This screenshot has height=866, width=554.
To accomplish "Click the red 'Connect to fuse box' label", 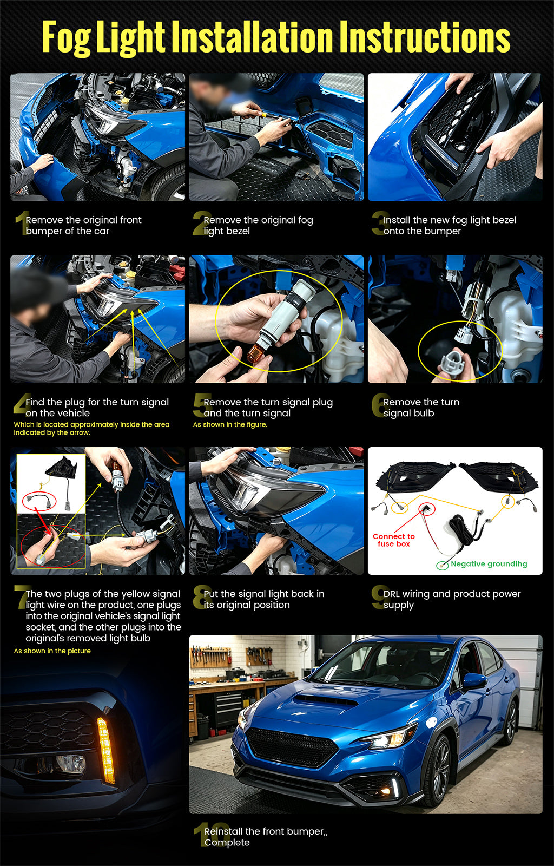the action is click(x=394, y=540).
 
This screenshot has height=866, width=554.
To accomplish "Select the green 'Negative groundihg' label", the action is click(x=489, y=564).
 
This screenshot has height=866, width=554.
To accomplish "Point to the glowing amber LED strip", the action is click(x=106, y=750).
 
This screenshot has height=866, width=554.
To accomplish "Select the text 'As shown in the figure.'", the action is click(x=230, y=424).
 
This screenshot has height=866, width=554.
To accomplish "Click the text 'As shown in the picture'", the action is click(x=52, y=651).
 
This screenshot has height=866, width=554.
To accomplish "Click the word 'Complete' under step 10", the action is click(x=227, y=842).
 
